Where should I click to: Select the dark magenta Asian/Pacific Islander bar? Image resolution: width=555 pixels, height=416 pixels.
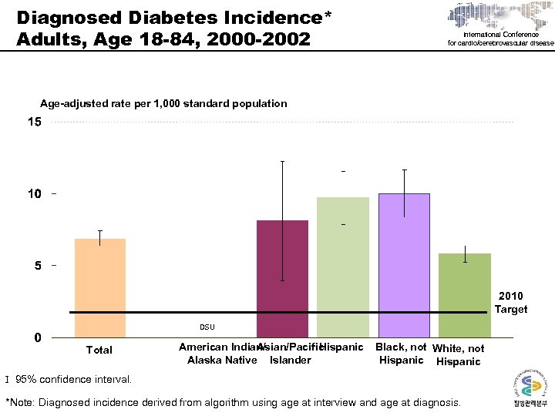[282, 278]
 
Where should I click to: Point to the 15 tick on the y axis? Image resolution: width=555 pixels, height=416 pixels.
[35, 122]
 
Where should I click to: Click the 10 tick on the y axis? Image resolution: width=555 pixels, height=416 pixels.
[35, 194]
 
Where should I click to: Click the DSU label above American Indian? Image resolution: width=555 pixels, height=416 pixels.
[207, 327]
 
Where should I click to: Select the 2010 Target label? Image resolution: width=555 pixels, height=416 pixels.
[510, 303]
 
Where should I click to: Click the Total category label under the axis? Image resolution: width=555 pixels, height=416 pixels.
[99, 350]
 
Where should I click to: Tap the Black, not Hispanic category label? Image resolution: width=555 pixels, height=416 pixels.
[401, 354]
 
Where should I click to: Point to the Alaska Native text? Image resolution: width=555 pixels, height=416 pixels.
[217, 361]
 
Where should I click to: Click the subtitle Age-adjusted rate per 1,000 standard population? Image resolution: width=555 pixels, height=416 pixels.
[163, 103]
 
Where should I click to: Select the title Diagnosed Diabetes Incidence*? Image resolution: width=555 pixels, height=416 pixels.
[174, 16]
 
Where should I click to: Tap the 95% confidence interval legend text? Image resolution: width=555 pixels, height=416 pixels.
[74, 379]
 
